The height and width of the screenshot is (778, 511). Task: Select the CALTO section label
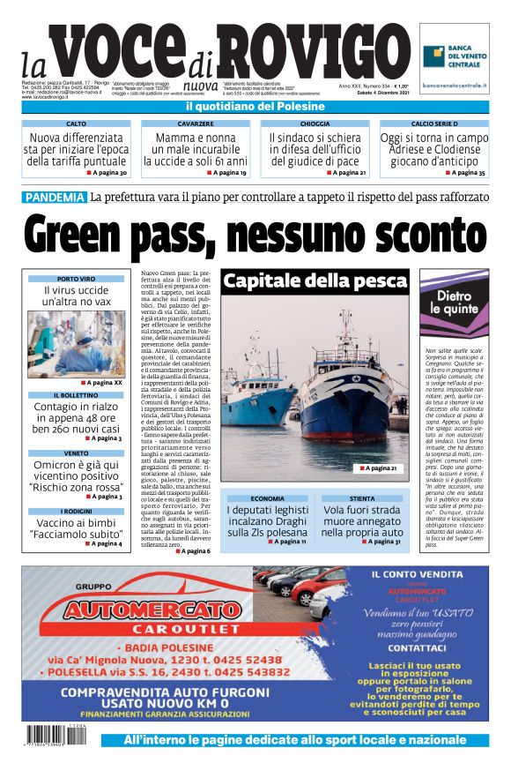coord(77,124)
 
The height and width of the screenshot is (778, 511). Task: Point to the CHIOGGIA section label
coord(315,124)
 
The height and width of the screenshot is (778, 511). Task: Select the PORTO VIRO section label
coord(76,279)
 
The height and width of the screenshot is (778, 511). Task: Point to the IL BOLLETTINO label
coord(76,395)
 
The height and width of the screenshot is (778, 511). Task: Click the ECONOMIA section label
coord(267,498)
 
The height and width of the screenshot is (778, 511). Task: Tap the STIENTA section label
coord(361,498)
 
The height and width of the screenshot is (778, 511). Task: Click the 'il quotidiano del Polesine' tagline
coord(255,107)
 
